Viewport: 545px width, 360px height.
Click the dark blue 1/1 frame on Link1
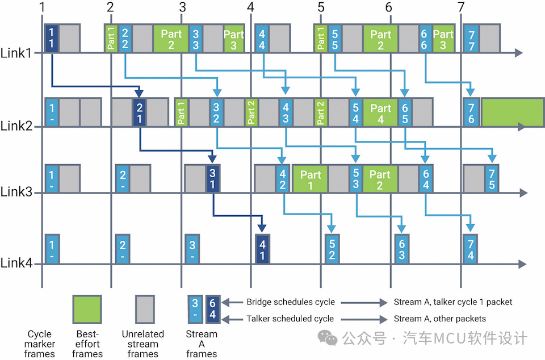point(51,38)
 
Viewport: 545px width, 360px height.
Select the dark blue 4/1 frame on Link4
point(262,249)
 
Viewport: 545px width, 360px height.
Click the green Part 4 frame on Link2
point(380,112)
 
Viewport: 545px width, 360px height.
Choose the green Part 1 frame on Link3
point(311,179)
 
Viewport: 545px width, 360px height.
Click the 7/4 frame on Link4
point(470,249)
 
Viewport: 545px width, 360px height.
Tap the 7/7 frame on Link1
point(471,38)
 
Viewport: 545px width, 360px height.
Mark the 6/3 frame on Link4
point(401,249)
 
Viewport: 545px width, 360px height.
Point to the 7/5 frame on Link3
point(492,179)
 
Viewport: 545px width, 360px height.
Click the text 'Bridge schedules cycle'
point(291,302)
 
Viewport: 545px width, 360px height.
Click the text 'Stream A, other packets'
point(440,319)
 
